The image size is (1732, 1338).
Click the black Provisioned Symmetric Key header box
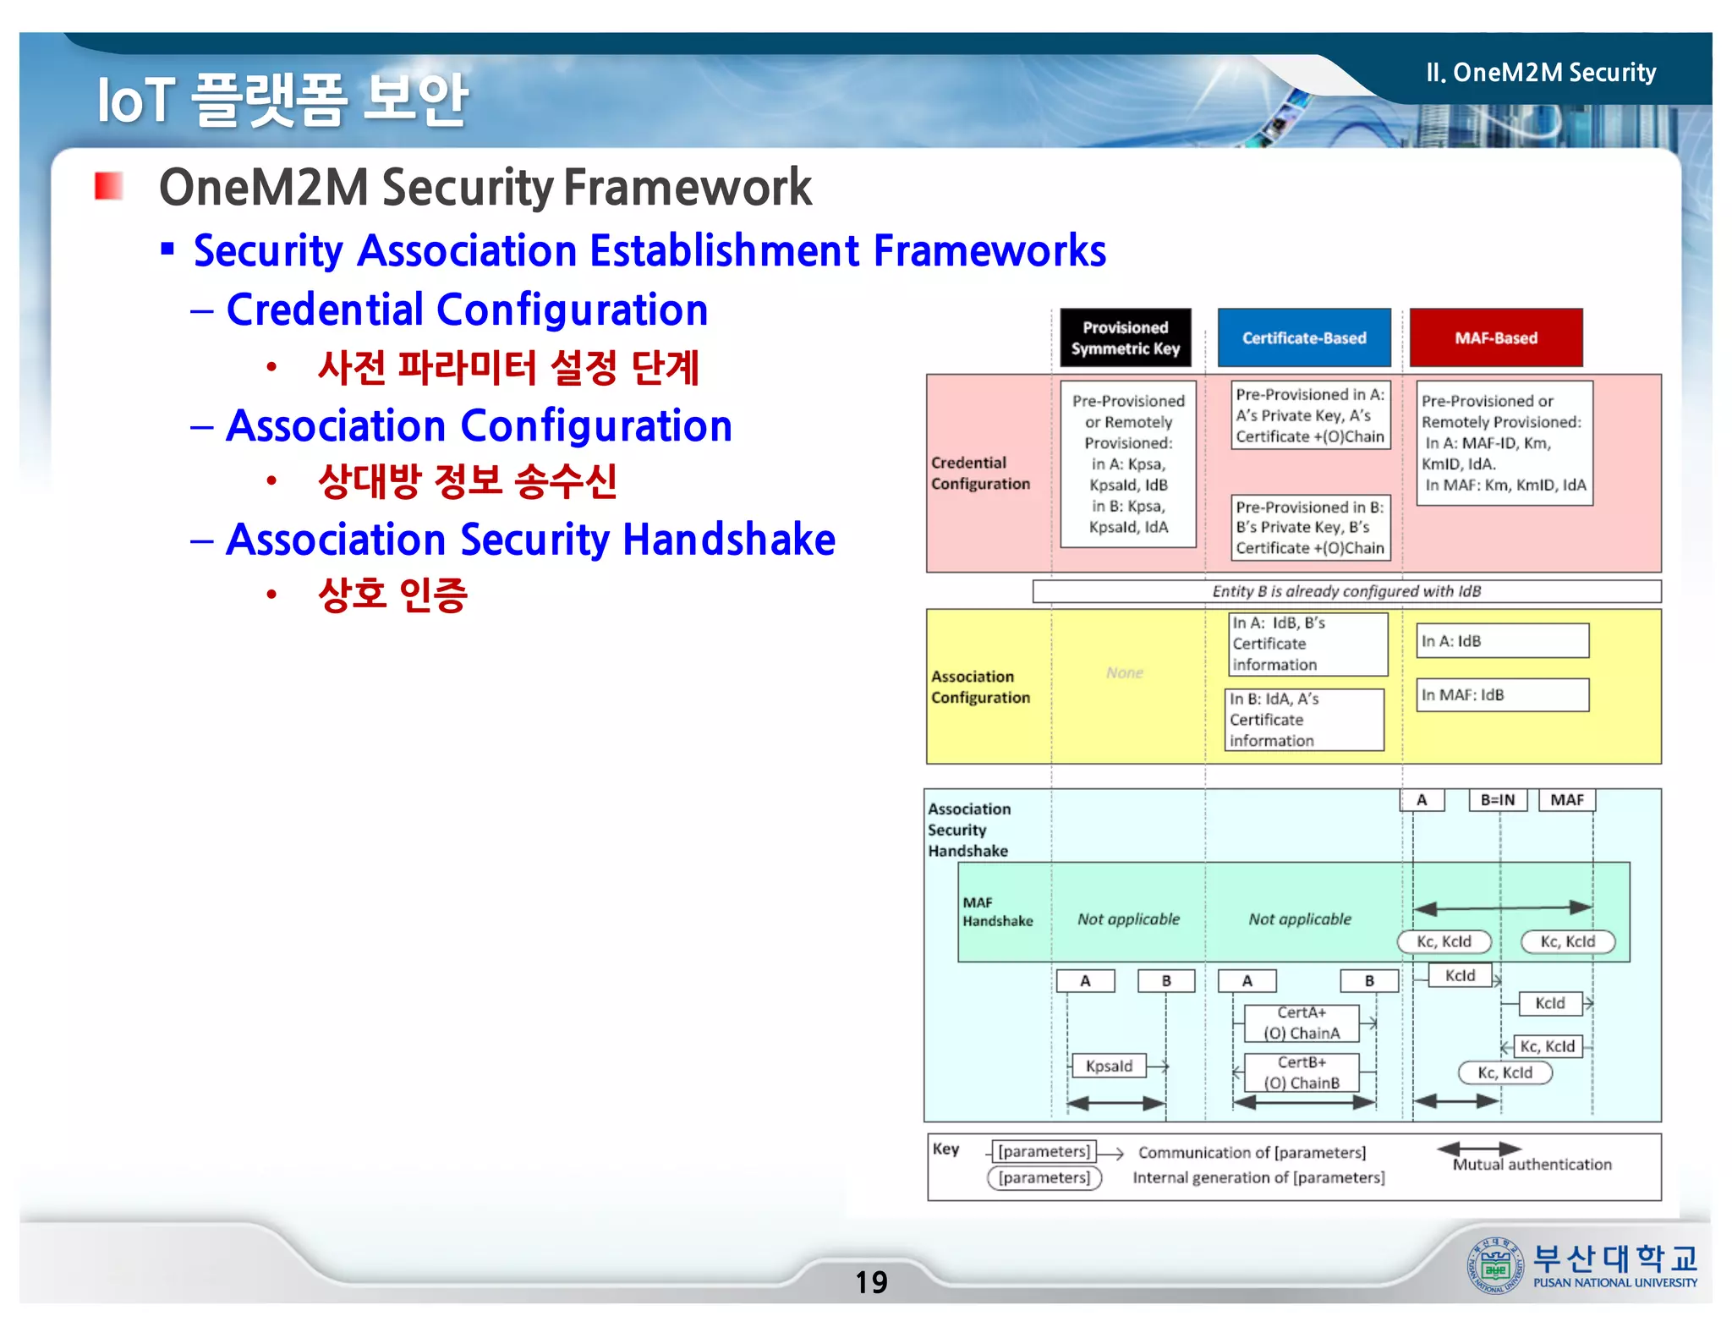point(1125,337)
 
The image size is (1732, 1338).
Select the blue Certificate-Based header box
point(1303,337)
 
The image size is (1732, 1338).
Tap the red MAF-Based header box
point(1495,337)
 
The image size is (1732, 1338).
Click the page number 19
point(871,1282)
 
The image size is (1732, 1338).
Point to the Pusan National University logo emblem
point(1494,1265)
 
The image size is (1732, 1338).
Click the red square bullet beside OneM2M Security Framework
point(108,186)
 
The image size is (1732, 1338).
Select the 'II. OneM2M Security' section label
point(1540,73)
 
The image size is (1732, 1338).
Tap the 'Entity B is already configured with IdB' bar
point(1346,591)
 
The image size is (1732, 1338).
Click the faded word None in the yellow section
point(1124,672)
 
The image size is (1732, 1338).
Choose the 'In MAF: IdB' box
point(1502,695)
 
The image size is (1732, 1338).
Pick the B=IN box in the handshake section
point(1498,800)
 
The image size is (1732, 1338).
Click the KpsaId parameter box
point(1109,1066)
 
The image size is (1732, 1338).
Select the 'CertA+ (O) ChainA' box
point(1302,1023)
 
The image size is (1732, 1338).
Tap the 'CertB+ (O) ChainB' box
point(1302,1072)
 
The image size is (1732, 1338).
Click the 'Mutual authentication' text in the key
point(1532,1165)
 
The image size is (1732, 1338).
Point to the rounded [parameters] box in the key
point(1044,1178)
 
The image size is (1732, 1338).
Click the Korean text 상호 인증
point(392,595)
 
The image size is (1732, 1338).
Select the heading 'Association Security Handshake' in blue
point(530,540)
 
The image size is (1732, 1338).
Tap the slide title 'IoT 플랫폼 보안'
point(282,100)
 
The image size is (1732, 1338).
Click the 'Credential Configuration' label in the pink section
point(980,473)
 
